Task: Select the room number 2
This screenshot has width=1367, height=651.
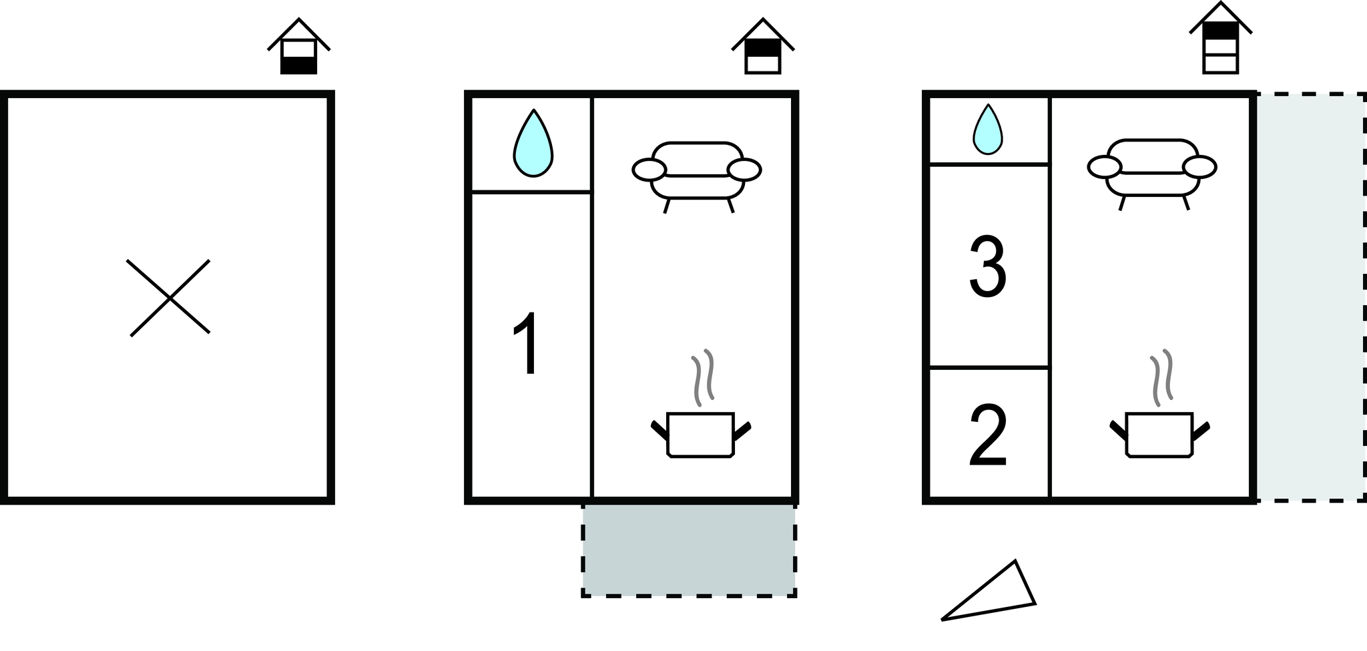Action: [988, 435]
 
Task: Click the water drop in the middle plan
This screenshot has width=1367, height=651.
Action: [533, 144]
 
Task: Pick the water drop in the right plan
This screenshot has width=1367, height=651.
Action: [988, 130]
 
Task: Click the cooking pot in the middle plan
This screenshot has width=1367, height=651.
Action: [701, 435]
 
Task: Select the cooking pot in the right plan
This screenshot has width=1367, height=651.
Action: [1159, 435]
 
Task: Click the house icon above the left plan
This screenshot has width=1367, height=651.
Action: [298, 47]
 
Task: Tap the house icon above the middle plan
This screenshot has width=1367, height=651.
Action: [762, 47]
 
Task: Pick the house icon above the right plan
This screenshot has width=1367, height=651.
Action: [1221, 38]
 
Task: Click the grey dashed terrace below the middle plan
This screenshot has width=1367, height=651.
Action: [689, 550]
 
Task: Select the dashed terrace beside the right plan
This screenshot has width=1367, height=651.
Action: [1310, 296]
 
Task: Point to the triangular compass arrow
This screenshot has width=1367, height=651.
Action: [989, 591]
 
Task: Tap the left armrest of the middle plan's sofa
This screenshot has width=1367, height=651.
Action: [649, 170]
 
